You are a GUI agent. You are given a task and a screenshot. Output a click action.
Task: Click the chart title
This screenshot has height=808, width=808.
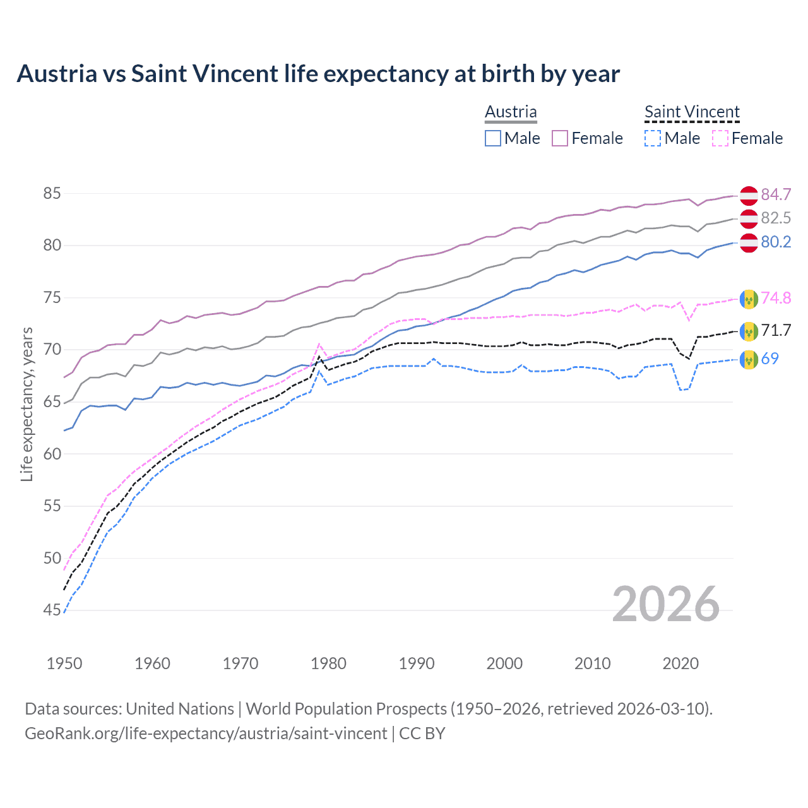click(x=318, y=74)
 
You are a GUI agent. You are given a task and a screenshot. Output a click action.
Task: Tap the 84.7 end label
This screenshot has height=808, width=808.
click(x=776, y=194)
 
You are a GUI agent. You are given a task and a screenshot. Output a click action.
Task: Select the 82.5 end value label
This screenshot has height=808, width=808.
click(x=776, y=218)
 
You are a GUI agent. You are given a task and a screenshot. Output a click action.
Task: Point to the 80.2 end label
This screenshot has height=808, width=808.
click(x=776, y=242)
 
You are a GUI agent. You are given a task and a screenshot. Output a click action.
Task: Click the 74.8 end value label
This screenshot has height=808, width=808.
click(x=776, y=298)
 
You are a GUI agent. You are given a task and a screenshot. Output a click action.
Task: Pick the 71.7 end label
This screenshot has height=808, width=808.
click(x=776, y=330)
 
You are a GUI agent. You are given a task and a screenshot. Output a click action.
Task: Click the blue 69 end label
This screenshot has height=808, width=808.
click(x=769, y=359)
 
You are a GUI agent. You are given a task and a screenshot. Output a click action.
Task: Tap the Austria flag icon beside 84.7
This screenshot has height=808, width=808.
click(x=749, y=196)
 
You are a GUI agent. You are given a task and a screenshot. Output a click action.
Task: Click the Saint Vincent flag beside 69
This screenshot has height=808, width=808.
click(x=749, y=359)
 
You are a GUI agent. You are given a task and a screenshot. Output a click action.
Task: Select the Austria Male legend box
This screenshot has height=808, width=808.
click(x=493, y=138)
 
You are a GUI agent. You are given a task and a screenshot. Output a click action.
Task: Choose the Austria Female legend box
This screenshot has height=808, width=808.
click(x=560, y=138)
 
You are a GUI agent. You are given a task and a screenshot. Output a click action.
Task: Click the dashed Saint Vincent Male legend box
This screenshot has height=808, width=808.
click(x=653, y=138)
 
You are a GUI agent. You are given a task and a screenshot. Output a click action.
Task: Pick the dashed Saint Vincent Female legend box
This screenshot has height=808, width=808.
click(x=720, y=138)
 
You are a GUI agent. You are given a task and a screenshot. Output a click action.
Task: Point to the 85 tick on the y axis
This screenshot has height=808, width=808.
click(x=52, y=193)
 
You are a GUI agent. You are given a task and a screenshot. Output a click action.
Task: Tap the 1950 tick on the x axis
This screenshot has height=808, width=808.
click(x=64, y=663)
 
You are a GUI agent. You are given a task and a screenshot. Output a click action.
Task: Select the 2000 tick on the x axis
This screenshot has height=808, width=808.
click(x=504, y=663)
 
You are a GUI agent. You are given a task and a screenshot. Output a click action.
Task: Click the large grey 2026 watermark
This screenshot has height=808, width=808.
click(x=666, y=604)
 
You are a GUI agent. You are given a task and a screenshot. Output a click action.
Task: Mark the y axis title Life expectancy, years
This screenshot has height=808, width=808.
click(x=27, y=404)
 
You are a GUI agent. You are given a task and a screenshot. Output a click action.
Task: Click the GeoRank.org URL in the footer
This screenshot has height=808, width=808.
click(x=206, y=734)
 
